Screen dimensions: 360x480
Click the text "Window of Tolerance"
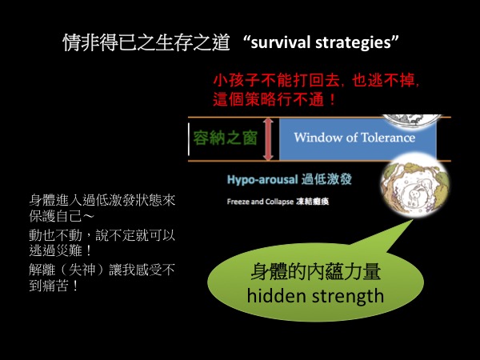tap(354, 137)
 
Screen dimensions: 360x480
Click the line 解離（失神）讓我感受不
tap(102, 270)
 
